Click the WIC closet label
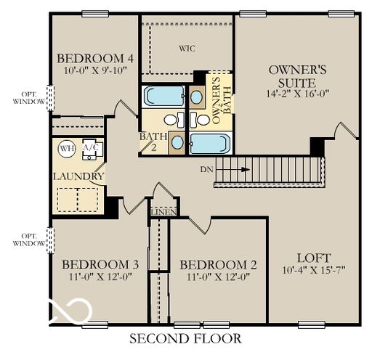pyautogui.click(x=187, y=49)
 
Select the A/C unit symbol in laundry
pyautogui.click(x=93, y=150)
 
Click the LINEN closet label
pyautogui.click(x=163, y=212)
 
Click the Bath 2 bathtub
pyautogui.click(x=164, y=96)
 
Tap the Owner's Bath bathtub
pyautogui.click(x=210, y=144)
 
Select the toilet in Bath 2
pyautogui.click(x=174, y=120)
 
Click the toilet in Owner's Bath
pyautogui.click(x=200, y=120)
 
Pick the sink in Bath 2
pyautogui.click(x=177, y=142)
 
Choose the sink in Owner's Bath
pyautogui.click(x=196, y=97)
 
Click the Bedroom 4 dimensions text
pyautogui.click(x=95, y=70)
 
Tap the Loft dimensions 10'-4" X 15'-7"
pyautogui.click(x=314, y=269)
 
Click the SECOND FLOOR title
pyautogui.click(x=185, y=338)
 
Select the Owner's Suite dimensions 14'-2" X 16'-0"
pyautogui.click(x=297, y=94)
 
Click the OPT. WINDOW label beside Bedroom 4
pyautogui.click(x=29, y=98)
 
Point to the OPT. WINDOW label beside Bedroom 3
pyautogui.click(x=29, y=240)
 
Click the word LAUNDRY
pyautogui.click(x=78, y=176)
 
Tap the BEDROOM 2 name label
pyautogui.click(x=218, y=265)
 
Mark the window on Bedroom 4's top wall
pyautogui.click(x=95, y=14)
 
